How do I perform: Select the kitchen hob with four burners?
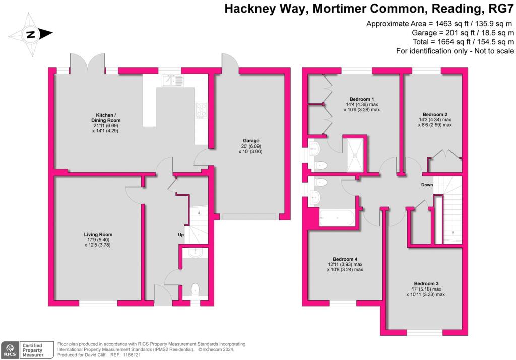[201, 110]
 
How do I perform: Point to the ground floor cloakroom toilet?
[195, 289]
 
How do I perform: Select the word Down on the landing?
[427, 185]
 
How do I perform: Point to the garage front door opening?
[250, 217]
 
